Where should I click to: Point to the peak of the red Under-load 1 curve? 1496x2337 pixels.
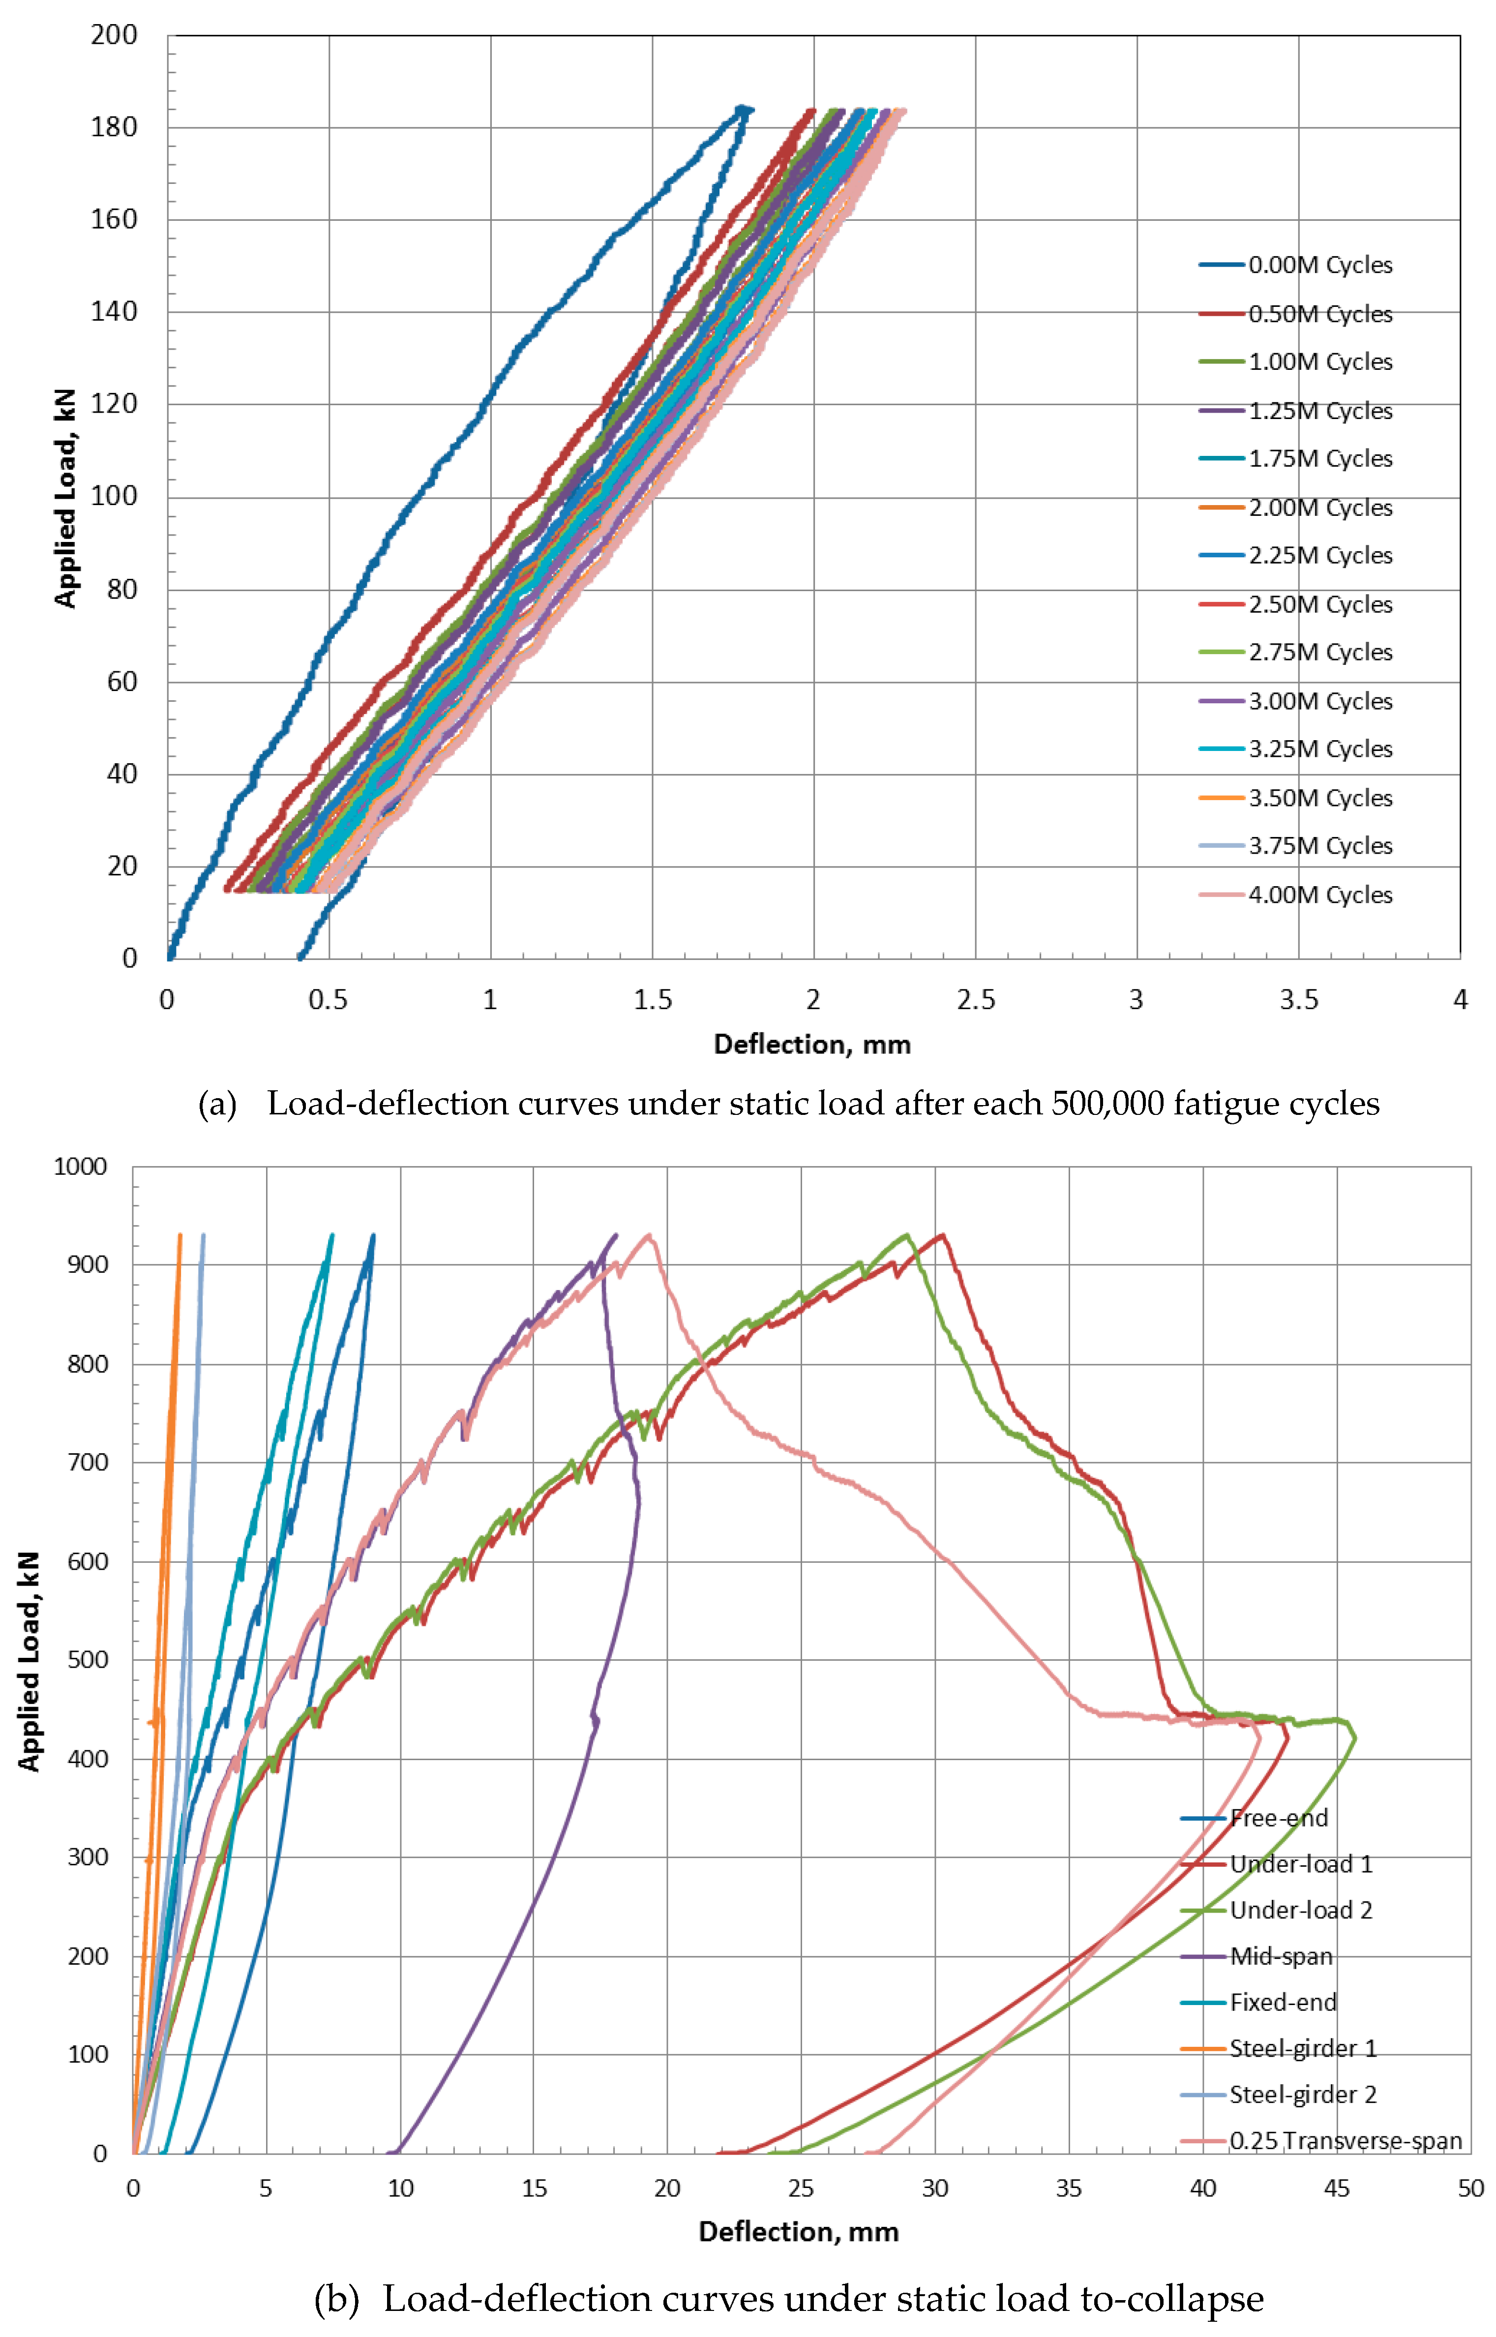[x=940, y=1235]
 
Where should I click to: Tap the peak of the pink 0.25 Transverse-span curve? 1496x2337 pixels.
[x=648, y=1235]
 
